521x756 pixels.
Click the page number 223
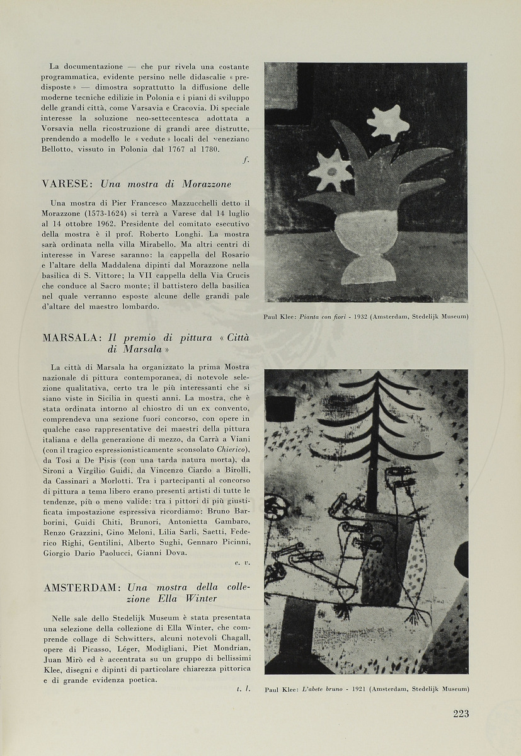pos(461,713)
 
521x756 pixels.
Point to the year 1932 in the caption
pos(360,316)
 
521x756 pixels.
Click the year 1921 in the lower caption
pos(358,690)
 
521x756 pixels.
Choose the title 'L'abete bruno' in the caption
pos(324,690)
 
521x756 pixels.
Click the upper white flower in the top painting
pos(387,122)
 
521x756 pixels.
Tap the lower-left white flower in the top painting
pos(331,170)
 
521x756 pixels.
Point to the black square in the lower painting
pos(280,409)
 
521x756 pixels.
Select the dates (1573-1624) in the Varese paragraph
pos(110,213)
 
